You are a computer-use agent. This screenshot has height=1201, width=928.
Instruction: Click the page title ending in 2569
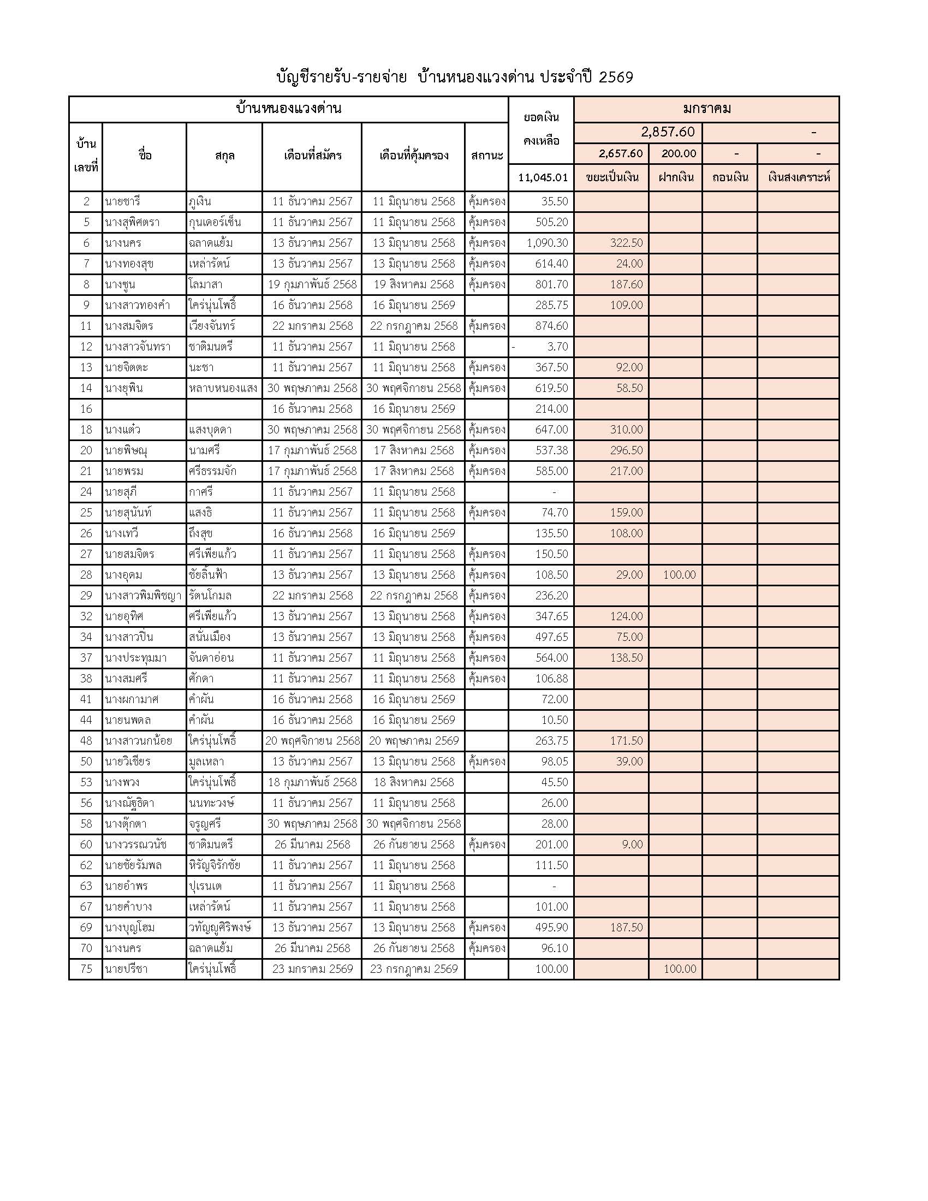click(x=455, y=77)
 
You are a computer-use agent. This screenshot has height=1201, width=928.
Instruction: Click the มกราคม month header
click(x=706, y=109)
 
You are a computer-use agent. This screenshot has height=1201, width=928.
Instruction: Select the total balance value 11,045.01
click(x=543, y=177)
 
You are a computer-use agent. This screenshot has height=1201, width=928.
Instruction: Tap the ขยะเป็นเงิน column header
click(x=612, y=177)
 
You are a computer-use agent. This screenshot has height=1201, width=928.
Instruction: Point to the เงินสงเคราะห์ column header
click(x=798, y=177)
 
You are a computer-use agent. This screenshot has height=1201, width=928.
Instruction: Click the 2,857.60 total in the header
click(x=668, y=133)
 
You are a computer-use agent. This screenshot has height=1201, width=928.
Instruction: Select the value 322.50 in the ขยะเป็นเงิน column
click(x=626, y=243)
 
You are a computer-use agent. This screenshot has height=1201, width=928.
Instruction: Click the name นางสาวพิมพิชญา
click(x=143, y=596)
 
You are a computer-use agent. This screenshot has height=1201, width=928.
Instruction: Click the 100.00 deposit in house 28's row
click(x=679, y=575)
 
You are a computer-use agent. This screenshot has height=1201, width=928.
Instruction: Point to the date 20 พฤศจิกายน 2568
click(x=312, y=741)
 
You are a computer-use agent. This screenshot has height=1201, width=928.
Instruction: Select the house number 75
click(x=86, y=969)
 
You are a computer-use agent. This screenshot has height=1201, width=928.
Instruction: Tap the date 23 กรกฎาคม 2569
click(x=413, y=969)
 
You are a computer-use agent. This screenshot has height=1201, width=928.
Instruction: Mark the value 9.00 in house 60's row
click(x=632, y=845)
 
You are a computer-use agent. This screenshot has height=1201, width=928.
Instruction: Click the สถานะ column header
click(x=486, y=156)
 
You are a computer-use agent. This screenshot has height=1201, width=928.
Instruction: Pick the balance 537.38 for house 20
click(x=551, y=450)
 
